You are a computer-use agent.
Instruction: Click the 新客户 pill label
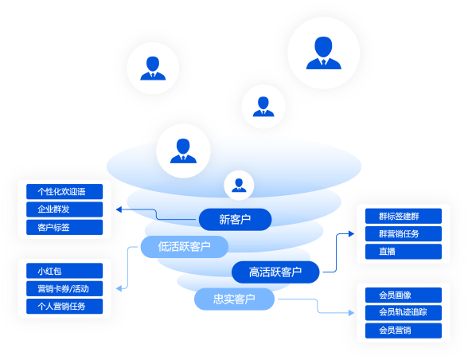pos(235,219)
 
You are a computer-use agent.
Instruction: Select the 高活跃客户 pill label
pos(275,272)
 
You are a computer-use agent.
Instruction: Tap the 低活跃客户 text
pos(184,246)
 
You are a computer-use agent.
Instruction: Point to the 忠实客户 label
pos(234,299)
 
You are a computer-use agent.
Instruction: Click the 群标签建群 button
pos(403,216)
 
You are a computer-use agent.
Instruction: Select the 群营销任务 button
pos(403,234)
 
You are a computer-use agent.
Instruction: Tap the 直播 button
pos(403,252)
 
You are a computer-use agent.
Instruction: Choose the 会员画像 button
pos(403,294)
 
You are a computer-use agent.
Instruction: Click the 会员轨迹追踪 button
pos(403,311)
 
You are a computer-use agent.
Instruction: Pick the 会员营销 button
pos(403,330)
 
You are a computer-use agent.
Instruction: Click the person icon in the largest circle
pos(322,52)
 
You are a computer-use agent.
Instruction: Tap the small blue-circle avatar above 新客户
pos(238,185)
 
